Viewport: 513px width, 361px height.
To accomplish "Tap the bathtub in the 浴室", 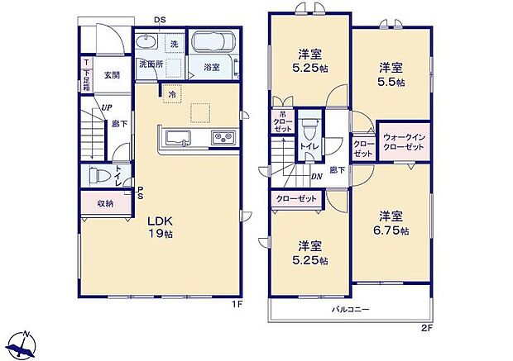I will (x=213, y=45).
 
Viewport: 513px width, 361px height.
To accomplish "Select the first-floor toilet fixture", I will (x=98, y=176).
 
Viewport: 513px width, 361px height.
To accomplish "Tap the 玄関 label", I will (x=113, y=74).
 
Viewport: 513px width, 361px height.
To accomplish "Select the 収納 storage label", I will (x=104, y=203).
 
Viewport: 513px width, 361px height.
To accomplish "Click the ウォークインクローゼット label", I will (x=404, y=141).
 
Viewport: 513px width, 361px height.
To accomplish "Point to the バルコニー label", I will (x=351, y=309).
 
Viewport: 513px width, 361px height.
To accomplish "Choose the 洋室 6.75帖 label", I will (x=392, y=223).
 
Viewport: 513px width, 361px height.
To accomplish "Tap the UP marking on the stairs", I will (x=107, y=107).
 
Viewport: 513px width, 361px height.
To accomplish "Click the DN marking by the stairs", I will (x=316, y=176).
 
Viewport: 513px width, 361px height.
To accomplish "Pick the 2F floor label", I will (x=426, y=328).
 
